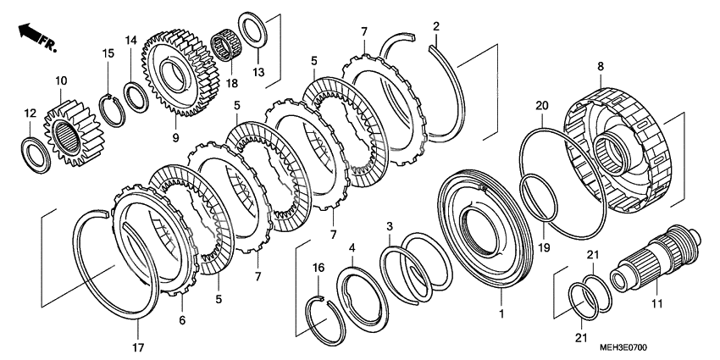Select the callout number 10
click(x=61, y=80)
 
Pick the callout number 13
click(x=258, y=72)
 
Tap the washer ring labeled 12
click(x=36, y=155)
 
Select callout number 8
click(x=601, y=66)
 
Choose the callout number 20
click(x=542, y=105)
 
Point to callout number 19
click(x=544, y=248)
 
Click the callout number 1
click(x=502, y=313)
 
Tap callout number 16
click(x=318, y=268)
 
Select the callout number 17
click(x=138, y=347)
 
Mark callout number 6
click(x=182, y=320)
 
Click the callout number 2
click(x=435, y=25)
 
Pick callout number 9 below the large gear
click(x=176, y=137)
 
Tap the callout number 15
click(x=108, y=53)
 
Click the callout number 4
click(x=352, y=248)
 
